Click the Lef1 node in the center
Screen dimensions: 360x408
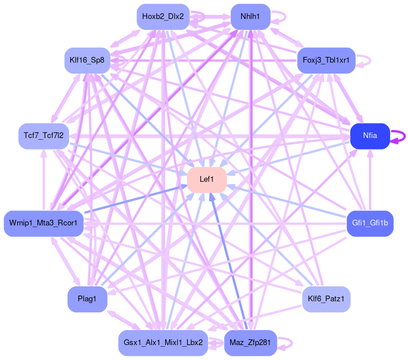(207, 179)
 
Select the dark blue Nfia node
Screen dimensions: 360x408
(370, 136)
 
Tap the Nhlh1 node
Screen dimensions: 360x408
(250, 16)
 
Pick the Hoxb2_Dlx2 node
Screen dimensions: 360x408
(163, 16)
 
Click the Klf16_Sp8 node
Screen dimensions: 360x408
(87, 60)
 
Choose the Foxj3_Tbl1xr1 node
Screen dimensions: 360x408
(326, 60)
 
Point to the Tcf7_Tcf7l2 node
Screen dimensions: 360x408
(43, 136)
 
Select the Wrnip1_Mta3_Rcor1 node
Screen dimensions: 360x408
(43, 223)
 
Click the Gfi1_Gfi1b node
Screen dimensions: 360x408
(370, 223)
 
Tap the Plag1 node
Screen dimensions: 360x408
(87, 299)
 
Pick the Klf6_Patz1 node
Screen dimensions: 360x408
(326, 299)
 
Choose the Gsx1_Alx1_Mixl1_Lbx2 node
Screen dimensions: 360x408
(163, 343)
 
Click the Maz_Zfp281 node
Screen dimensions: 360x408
(250, 343)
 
